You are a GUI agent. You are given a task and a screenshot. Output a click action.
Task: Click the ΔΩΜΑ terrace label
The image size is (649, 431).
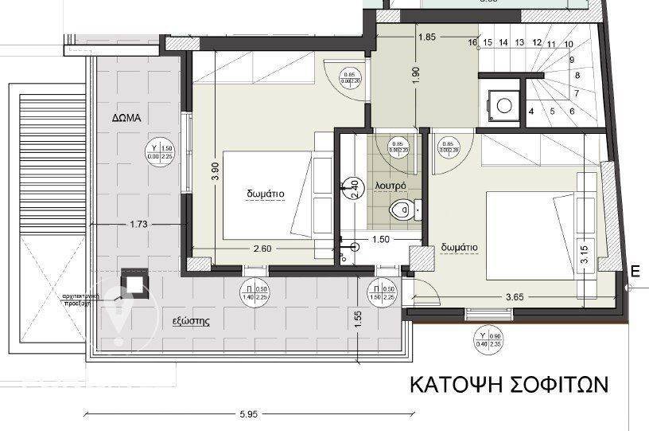[x=126, y=116]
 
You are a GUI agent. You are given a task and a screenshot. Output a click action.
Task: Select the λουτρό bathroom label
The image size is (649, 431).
[x=391, y=185]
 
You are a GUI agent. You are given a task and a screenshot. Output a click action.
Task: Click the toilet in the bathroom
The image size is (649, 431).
[x=403, y=211]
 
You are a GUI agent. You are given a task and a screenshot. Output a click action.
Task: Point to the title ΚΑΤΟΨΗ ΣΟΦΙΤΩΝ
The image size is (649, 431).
[x=509, y=386]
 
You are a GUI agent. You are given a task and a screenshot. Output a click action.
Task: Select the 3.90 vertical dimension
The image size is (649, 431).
[x=215, y=173]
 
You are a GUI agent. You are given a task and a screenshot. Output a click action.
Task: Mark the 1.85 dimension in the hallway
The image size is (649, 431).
[x=426, y=37]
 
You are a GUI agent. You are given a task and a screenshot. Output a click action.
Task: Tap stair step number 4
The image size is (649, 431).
[x=530, y=111]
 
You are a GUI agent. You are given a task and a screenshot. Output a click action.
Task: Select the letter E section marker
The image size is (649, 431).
[x=635, y=271]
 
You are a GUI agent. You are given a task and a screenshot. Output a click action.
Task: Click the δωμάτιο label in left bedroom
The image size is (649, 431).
[x=265, y=193]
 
